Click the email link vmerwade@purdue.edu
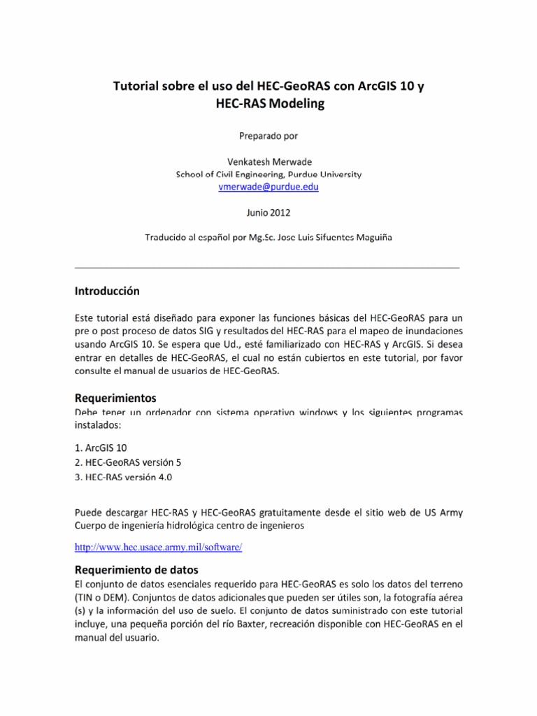point(268,187)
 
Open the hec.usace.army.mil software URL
point(158,547)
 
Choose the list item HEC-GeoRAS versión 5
point(131,462)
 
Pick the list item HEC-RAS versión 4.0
point(128,477)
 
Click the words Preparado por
point(268,135)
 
